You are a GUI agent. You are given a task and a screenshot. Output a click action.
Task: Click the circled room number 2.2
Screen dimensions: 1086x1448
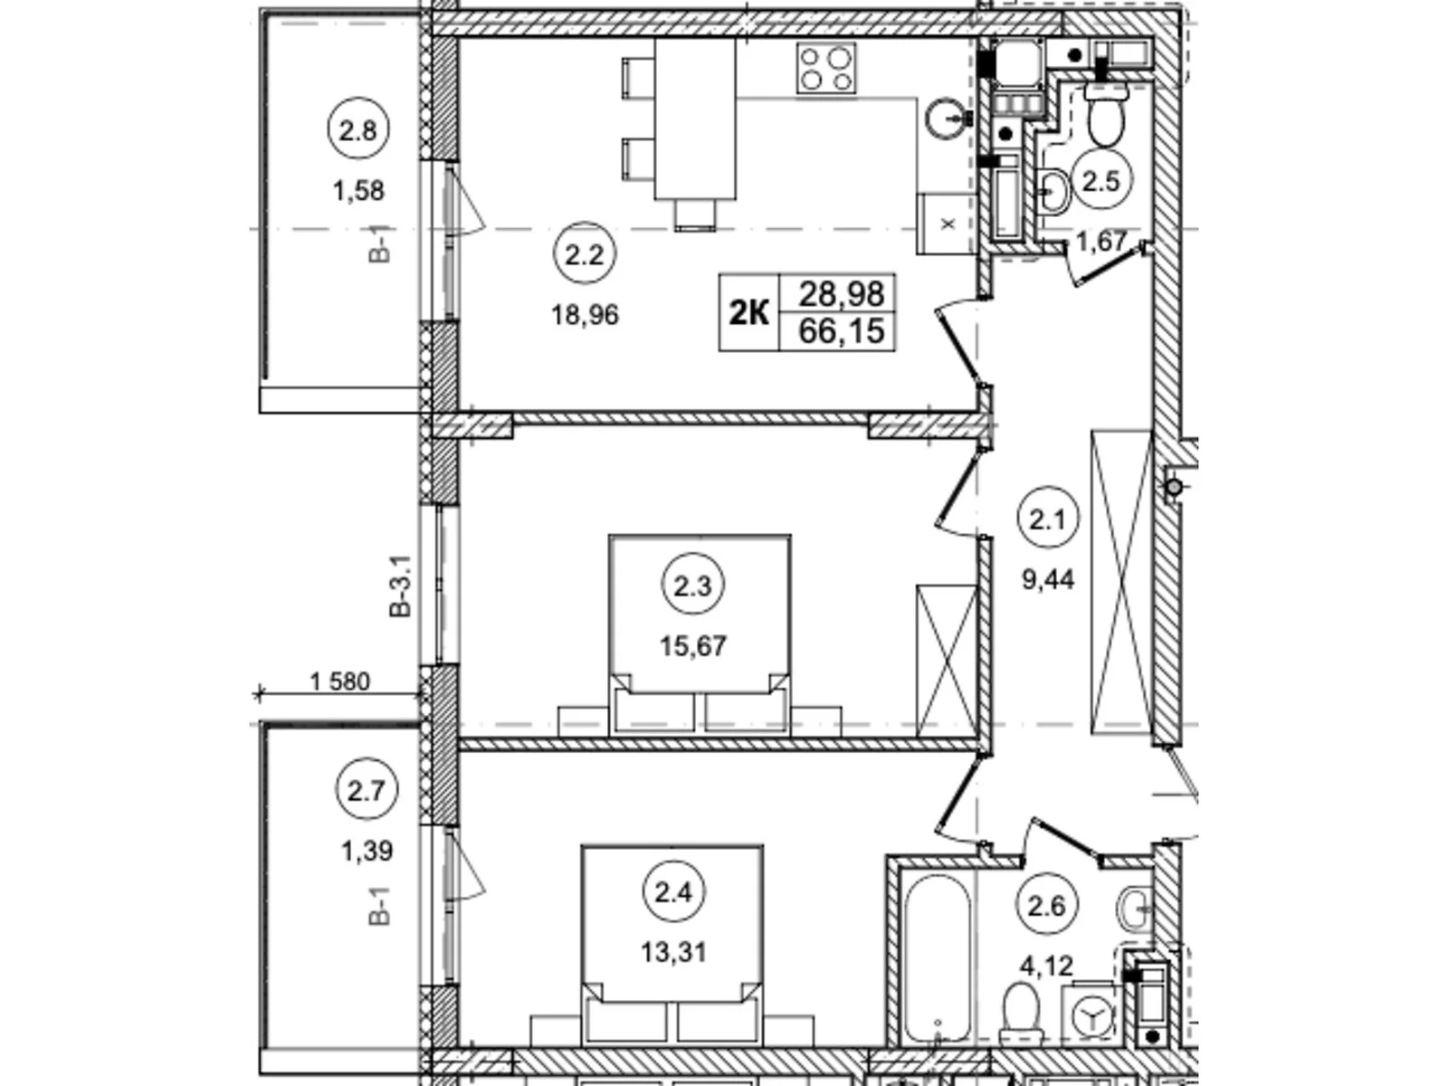(584, 255)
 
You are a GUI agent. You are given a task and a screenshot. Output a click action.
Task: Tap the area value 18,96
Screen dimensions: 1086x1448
(585, 315)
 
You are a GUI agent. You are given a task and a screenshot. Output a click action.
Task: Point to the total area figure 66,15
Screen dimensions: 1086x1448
(841, 331)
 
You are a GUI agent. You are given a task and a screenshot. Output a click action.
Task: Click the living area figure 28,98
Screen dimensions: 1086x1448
(841, 293)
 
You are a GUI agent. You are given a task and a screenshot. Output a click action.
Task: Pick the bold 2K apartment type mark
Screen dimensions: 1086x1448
(748, 313)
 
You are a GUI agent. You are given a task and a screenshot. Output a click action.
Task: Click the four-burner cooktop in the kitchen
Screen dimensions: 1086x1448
(825, 68)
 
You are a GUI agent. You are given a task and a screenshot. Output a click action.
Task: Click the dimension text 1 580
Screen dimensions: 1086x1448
(339, 681)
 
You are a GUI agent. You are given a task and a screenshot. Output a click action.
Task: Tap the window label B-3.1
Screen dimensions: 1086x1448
(400, 586)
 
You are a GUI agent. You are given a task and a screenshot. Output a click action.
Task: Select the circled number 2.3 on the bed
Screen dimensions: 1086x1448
(692, 586)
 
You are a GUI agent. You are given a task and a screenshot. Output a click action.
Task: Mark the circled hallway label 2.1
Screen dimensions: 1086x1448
(1047, 519)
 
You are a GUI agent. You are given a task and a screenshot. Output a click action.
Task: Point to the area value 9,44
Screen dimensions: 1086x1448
(1048, 579)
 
